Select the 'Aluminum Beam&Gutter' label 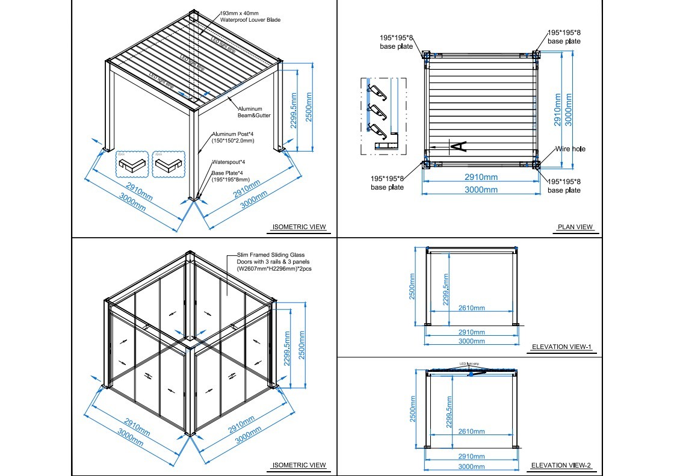pos(250,112)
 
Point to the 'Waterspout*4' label pos(228,162)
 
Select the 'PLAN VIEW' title pos(575,227)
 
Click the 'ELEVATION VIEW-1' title pos(562,347)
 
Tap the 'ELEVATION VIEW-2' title pos(562,465)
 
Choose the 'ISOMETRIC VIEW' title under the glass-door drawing pos(299,465)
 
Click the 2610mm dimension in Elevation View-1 pos(471,308)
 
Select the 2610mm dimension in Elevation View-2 pos(471,431)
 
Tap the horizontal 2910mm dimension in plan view pos(481,178)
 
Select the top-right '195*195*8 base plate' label pos(564,37)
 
